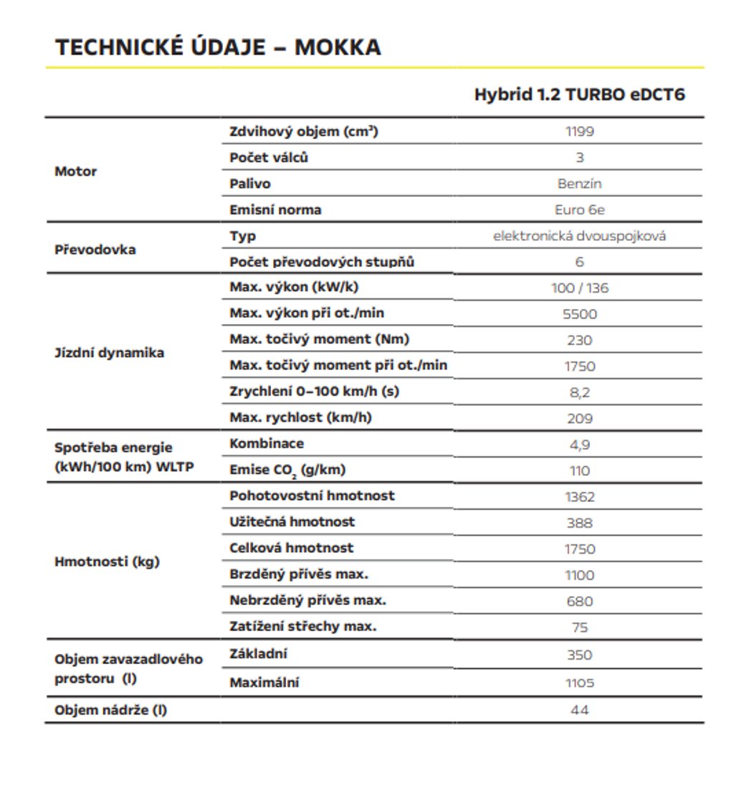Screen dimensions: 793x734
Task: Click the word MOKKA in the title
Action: pyautogui.click(x=338, y=47)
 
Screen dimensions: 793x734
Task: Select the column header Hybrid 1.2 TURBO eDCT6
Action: pyautogui.click(x=579, y=95)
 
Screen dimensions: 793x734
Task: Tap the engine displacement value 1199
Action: pyautogui.click(x=579, y=131)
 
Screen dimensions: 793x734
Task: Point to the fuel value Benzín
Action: pyautogui.click(x=579, y=184)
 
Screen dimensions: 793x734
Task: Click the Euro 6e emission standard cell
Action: pyautogui.click(x=579, y=210)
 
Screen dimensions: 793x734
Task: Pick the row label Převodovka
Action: pyautogui.click(x=95, y=250)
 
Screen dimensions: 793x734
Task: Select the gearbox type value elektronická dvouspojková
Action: pyautogui.click(x=579, y=236)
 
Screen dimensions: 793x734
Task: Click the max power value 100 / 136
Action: pyautogui.click(x=579, y=288)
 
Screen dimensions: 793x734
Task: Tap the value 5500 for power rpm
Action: pyautogui.click(x=579, y=314)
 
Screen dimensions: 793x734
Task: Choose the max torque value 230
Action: pyautogui.click(x=579, y=341)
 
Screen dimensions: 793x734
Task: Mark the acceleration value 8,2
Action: pyautogui.click(x=579, y=392)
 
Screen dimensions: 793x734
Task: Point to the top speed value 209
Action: pyautogui.click(x=579, y=419)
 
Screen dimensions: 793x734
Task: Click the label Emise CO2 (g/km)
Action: pyautogui.click(x=287, y=471)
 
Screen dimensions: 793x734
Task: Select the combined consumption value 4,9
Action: pyautogui.click(x=579, y=445)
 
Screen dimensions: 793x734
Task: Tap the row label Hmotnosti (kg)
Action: pyautogui.click(x=107, y=561)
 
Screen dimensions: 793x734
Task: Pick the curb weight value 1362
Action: pyautogui.click(x=579, y=497)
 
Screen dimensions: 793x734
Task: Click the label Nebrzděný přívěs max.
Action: pyautogui.click(x=308, y=600)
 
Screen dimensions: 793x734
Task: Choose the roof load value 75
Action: pyautogui.click(x=579, y=627)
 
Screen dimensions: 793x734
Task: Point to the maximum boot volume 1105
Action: pyautogui.click(x=579, y=683)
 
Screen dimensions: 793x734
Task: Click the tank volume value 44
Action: pyautogui.click(x=579, y=710)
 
